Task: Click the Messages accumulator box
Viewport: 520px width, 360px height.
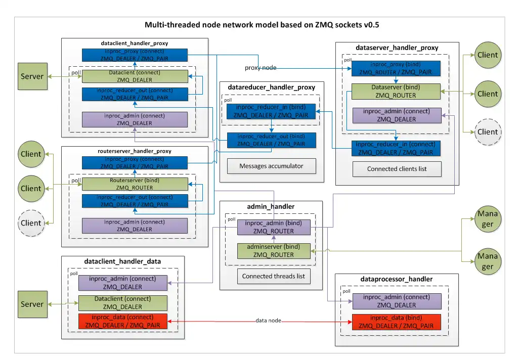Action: click(x=271, y=166)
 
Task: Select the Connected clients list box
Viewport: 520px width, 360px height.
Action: click(x=397, y=169)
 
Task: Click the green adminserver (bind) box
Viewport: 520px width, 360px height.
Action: click(x=274, y=251)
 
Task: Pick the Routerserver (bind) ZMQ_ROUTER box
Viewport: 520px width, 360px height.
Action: click(x=135, y=184)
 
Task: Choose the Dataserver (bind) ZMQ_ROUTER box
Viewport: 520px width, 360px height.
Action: click(x=396, y=91)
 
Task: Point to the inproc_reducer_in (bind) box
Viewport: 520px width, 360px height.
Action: click(x=271, y=112)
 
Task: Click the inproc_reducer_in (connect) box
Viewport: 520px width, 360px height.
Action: click(x=396, y=148)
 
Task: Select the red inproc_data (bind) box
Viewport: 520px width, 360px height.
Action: click(x=397, y=322)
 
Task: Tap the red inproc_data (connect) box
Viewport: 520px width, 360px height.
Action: click(x=122, y=321)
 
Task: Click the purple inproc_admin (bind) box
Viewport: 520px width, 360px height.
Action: click(x=274, y=227)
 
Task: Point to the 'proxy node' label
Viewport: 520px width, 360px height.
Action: click(x=261, y=68)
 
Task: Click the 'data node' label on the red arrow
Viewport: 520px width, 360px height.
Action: click(x=268, y=321)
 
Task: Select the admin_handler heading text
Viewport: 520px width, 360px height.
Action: click(x=271, y=206)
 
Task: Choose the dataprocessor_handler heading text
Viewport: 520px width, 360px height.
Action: click(x=397, y=279)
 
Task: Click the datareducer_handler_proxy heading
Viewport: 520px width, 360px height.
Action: click(x=272, y=87)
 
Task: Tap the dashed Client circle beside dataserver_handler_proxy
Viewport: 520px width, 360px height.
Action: click(x=488, y=132)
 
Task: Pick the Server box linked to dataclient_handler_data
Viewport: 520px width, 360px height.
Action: click(x=32, y=304)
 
